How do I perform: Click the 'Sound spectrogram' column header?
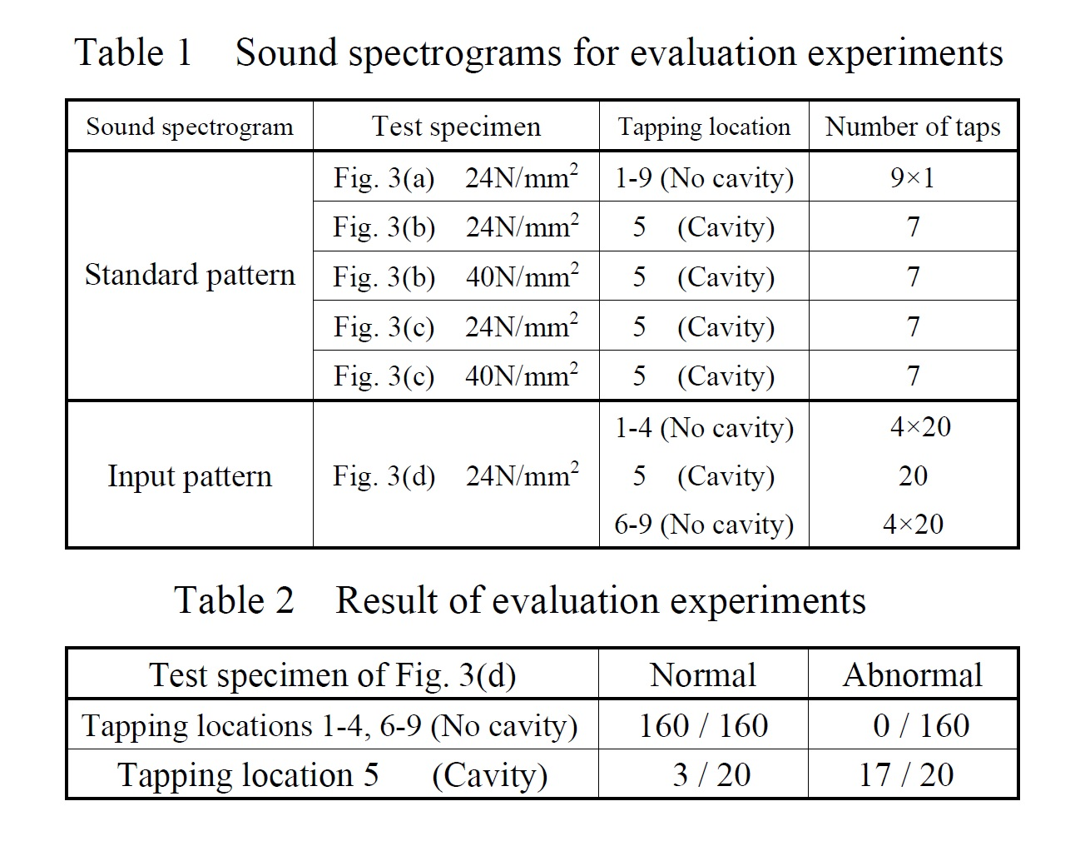coord(190,127)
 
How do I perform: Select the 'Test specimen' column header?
coord(456,127)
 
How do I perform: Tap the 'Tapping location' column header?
coord(704,127)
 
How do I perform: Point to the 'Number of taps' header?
coord(913,127)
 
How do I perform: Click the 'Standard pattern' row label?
coord(190,275)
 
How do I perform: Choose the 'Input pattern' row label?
coord(190,475)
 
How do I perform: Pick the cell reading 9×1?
coord(913,177)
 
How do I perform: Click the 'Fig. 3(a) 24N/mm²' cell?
coord(456,177)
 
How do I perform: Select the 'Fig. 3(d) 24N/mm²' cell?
coord(456,475)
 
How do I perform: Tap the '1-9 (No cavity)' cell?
coord(704,177)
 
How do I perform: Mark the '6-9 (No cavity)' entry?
coord(704,525)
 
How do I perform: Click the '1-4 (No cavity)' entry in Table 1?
coord(704,427)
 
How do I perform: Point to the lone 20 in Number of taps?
coord(913,475)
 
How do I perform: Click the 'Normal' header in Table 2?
coord(703,674)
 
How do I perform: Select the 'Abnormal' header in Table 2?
coord(913,674)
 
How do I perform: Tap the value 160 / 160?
coord(703,725)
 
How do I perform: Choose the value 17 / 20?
coord(906,774)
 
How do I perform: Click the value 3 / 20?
coord(711,774)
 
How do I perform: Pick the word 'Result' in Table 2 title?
coord(386,600)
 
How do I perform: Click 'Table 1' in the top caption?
coord(133,52)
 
